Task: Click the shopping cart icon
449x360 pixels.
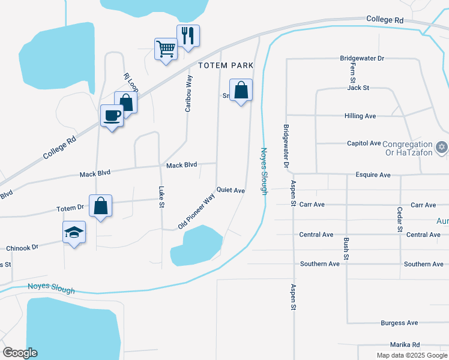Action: point(166,49)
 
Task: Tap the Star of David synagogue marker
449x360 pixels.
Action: point(442,147)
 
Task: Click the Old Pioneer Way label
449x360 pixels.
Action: point(196,211)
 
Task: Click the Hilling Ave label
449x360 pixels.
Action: point(360,116)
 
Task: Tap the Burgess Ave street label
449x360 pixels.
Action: point(399,323)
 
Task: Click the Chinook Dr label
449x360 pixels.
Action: point(22,247)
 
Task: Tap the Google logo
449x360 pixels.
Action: point(20,352)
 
